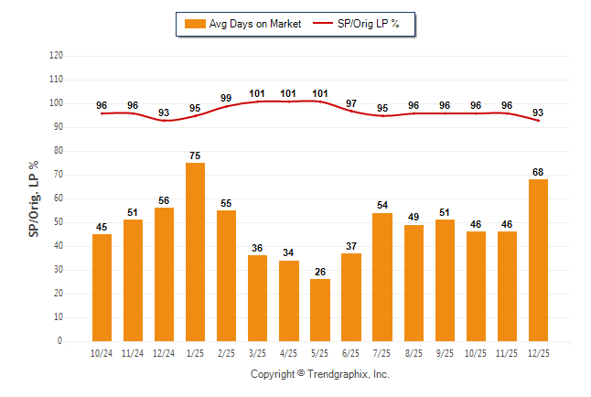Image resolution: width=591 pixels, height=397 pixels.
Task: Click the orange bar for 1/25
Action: click(195, 252)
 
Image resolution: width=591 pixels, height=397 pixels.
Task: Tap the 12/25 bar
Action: click(537, 260)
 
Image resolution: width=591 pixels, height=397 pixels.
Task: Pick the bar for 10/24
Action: click(102, 287)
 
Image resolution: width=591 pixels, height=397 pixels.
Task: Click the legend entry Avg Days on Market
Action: click(242, 24)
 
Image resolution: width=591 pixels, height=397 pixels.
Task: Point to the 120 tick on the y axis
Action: click(56, 56)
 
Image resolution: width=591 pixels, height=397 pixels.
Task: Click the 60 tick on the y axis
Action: click(58, 198)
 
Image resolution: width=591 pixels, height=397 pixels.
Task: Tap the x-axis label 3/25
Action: click(257, 353)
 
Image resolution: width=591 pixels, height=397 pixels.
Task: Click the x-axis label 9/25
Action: click(444, 353)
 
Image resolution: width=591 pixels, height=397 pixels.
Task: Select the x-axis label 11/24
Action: click(133, 353)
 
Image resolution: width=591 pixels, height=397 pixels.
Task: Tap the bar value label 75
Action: click(195, 156)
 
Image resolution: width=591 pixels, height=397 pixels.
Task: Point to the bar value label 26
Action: click(319, 272)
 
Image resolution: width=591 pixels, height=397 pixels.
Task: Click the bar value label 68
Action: click(537, 172)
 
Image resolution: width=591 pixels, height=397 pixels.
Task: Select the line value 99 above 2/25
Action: click(226, 98)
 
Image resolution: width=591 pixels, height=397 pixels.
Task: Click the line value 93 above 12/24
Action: click(164, 113)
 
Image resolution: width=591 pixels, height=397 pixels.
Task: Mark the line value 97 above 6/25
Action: click(350, 102)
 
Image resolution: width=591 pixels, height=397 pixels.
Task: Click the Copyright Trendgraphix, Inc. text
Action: click(320, 374)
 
